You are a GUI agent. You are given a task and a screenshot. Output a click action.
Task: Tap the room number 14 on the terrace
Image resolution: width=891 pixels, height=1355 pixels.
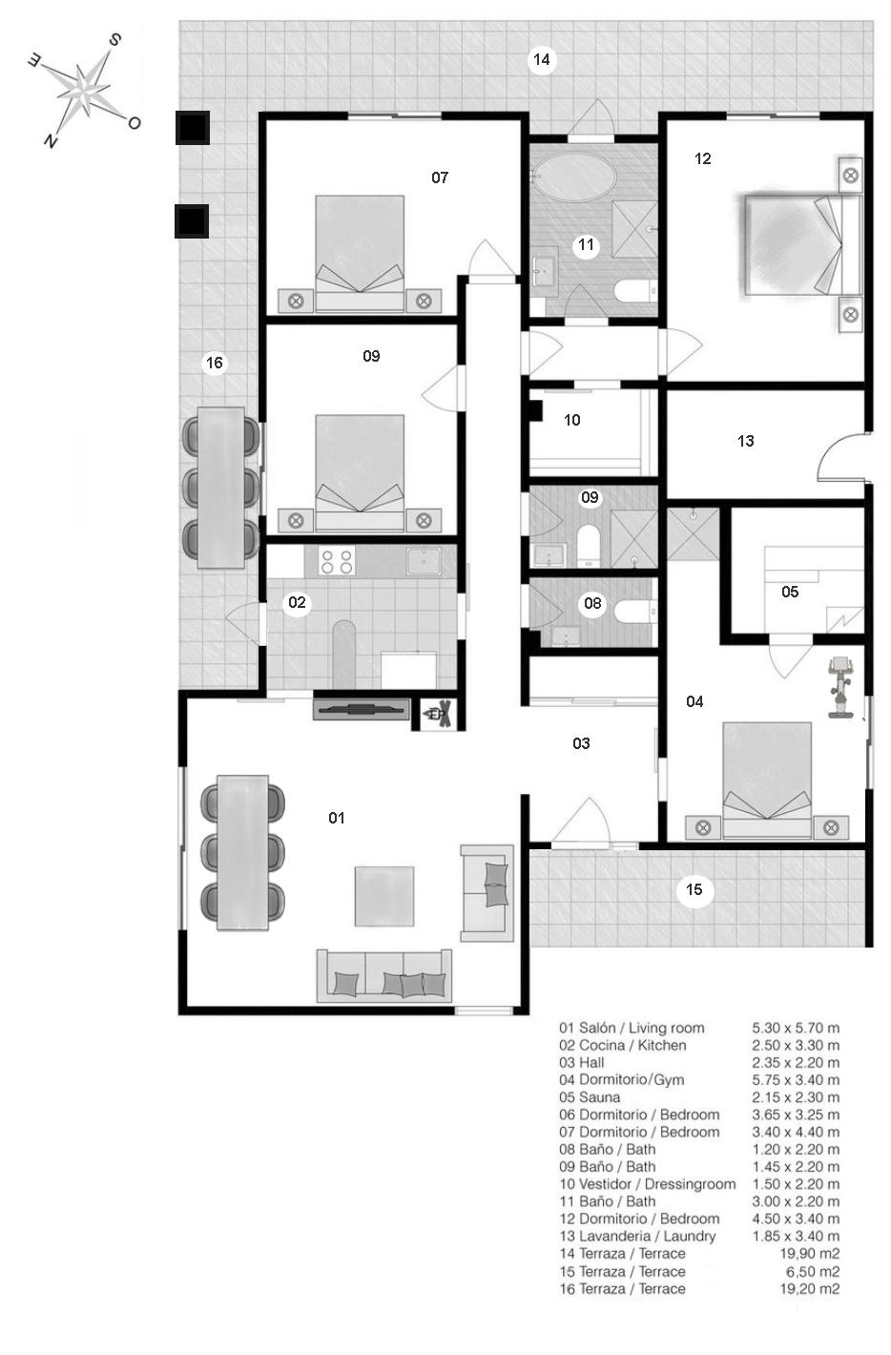(541, 60)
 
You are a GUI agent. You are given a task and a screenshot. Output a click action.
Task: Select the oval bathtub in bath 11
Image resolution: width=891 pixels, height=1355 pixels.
(574, 178)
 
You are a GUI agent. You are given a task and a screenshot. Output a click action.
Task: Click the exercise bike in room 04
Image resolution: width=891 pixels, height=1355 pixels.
(840, 686)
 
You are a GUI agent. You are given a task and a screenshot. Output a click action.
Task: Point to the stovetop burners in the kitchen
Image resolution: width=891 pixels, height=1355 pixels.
(337, 561)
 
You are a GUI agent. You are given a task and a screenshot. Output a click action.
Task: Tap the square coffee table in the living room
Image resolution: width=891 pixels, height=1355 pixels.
(384, 896)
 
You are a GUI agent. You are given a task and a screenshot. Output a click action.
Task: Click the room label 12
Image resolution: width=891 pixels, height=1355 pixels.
(703, 158)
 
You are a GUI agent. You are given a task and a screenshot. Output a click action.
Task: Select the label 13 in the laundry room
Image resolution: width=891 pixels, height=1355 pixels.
(746, 441)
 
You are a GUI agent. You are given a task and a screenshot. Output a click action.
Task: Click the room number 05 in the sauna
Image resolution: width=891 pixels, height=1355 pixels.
(790, 592)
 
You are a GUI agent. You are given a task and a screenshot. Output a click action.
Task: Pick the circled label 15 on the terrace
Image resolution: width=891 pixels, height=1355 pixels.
(694, 890)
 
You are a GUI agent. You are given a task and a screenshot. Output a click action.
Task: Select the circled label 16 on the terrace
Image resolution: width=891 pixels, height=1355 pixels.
(215, 363)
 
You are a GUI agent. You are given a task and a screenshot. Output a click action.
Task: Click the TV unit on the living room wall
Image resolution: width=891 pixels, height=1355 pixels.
(362, 709)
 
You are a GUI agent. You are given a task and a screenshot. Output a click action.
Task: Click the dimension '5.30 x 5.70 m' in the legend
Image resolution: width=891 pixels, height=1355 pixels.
(796, 1028)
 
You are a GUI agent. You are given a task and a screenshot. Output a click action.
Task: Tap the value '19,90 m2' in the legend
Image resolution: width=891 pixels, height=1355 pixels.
(809, 1254)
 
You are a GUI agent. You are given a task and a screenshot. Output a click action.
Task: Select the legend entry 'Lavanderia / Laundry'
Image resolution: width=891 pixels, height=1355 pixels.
(637, 1236)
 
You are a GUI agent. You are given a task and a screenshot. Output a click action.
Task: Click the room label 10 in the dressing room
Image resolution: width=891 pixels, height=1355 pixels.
(572, 420)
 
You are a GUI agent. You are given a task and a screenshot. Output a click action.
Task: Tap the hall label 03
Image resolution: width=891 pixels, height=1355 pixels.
(581, 743)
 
